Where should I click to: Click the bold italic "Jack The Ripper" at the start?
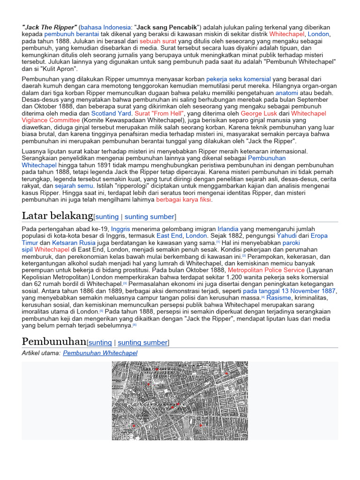49,27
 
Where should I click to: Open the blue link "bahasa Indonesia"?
105,27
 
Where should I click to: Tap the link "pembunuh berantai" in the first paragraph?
71,34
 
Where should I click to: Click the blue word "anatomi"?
286,93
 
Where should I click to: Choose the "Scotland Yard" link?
112,113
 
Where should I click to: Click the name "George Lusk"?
259,113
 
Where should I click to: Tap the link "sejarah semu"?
74,186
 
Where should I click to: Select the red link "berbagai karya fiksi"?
184,200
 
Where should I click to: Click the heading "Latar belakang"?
57,216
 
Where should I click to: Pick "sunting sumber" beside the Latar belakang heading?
150,217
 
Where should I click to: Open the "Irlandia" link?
228,228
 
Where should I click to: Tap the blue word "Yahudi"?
286,235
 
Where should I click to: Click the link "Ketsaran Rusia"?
74,243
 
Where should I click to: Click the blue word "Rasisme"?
279,297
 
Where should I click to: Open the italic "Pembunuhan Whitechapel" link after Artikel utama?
100,353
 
